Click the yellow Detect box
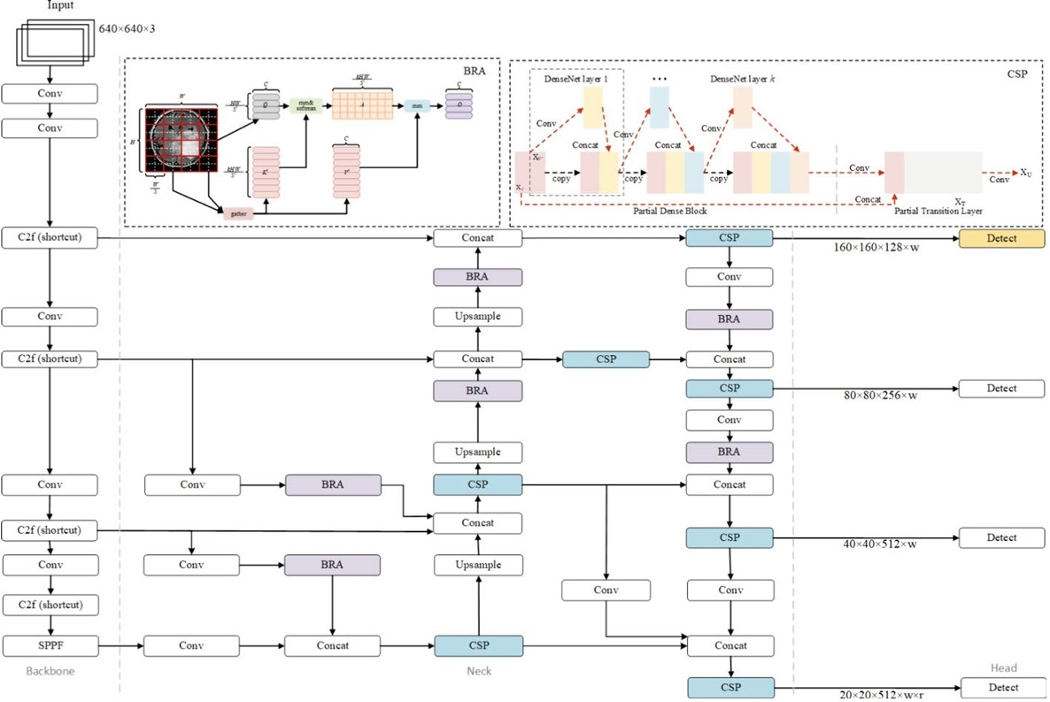point(1002,238)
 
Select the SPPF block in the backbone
point(50,645)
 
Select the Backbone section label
point(50,671)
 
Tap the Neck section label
point(478,671)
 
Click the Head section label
point(1003,668)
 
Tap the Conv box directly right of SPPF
point(191,645)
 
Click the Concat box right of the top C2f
point(477,238)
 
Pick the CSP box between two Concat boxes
point(606,359)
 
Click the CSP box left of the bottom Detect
point(730,688)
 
